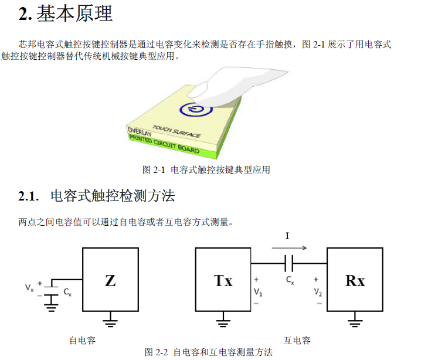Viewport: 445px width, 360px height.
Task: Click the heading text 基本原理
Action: point(74,14)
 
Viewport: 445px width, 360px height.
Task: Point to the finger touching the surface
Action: point(229,82)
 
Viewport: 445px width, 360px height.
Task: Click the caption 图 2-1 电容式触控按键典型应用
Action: point(206,170)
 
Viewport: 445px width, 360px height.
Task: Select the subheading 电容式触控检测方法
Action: point(113,196)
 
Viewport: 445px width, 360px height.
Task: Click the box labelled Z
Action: point(110,280)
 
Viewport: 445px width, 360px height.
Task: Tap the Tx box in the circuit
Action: point(223,280)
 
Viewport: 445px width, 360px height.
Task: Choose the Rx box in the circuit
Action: point(355,280)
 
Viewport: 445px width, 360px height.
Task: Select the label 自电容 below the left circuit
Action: point(83,340)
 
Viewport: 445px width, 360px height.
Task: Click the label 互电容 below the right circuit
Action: point(297,340)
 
